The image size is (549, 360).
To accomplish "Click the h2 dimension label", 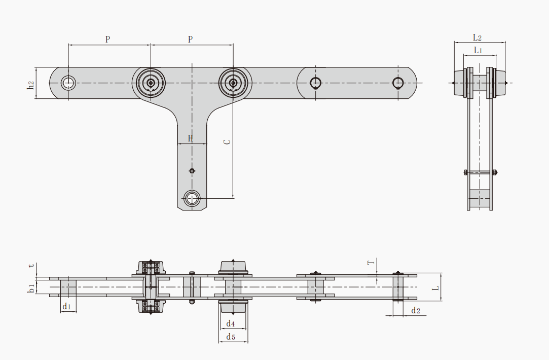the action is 31,85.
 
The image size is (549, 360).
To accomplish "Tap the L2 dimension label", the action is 477,38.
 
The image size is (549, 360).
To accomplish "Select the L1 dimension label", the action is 478,50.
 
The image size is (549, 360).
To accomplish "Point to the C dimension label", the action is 227,142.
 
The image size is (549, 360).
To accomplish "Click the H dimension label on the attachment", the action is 191,138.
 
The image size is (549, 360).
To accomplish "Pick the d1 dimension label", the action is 66,307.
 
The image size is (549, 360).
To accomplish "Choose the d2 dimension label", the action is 416,310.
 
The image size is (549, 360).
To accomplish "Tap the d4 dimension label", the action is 230,323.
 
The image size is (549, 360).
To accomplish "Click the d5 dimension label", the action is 230,337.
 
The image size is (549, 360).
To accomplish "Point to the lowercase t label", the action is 32,266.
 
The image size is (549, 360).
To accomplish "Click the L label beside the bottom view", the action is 435,288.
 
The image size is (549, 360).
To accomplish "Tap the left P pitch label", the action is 107,39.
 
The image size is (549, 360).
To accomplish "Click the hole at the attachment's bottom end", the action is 192,198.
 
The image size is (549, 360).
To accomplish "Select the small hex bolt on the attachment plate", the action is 192,171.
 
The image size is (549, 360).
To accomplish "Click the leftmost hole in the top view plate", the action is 68,83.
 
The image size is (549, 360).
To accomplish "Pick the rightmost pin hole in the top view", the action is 398,83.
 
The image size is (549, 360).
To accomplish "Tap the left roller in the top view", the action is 151,83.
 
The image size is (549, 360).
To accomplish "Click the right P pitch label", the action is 190,39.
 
